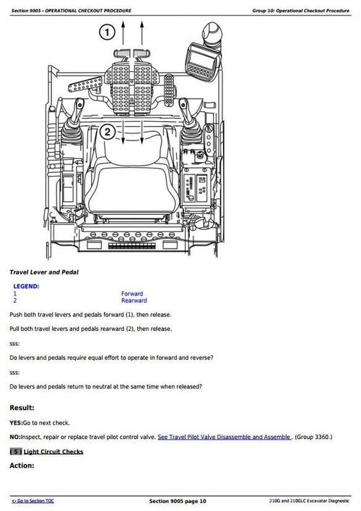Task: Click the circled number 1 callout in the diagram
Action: tap(107, 33)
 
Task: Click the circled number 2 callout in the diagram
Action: tap(107, 131)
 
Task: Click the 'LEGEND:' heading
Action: tap(27, 286)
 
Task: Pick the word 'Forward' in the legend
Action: tap(132, 294)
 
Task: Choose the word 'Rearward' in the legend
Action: tap(134, 301)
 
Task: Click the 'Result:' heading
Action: tap(22, 407)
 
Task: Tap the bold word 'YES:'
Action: tap(15, 422)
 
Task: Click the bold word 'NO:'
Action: tap(14, 437)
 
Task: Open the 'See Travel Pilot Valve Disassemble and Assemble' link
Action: tap(224, 437)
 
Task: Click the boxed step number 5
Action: tap(15, 452)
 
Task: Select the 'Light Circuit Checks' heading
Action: tap(53, 452)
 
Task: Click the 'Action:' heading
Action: tap(22, 466)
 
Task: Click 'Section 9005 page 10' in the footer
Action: tap(178, 501)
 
